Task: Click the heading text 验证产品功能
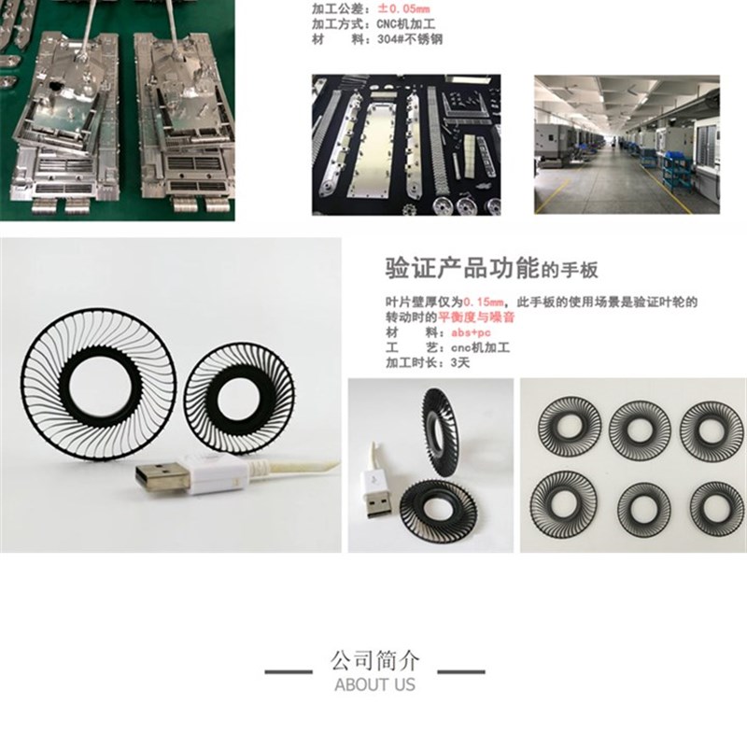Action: tap(461, 269)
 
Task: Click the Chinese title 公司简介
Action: tap(374, 661)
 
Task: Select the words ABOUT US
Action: tap(374, 684)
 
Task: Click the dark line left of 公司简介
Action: tap(289, 671)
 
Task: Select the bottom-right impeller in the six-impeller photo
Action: tap(712, 504)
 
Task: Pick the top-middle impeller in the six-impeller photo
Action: tap(639, 428)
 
